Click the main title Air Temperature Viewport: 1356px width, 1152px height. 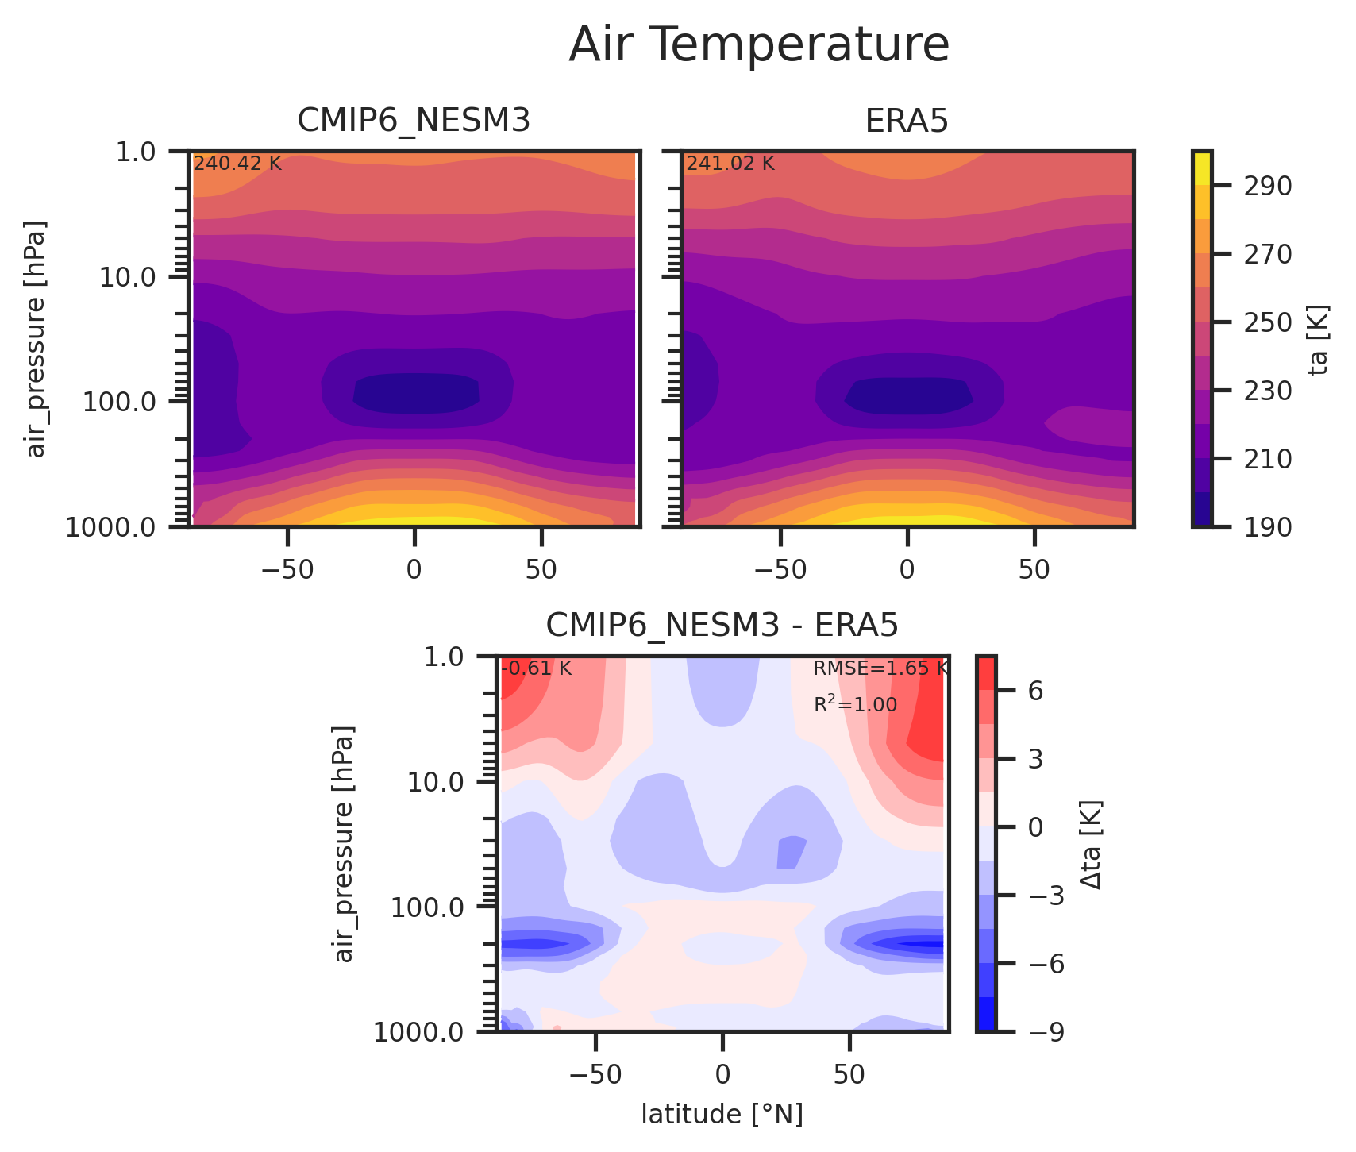coord(758,45)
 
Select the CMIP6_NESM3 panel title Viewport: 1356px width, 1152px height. coord(414,121)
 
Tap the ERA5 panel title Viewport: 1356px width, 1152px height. coord(907,121)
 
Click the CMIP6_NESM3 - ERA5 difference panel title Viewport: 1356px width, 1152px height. coord(722,626)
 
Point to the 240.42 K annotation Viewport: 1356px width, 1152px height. coord(237,164)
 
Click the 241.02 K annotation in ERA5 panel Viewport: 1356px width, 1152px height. coord(730,164)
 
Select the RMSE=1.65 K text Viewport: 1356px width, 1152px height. coord(880,668)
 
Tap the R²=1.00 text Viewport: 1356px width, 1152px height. coord(855,704)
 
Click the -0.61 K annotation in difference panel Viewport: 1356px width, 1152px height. coord(536,668)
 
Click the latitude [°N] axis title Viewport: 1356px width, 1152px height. coord(722,1115)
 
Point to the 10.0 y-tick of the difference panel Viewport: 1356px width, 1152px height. coord(437,783)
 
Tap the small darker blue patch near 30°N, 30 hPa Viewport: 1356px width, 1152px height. coord(791,853)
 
